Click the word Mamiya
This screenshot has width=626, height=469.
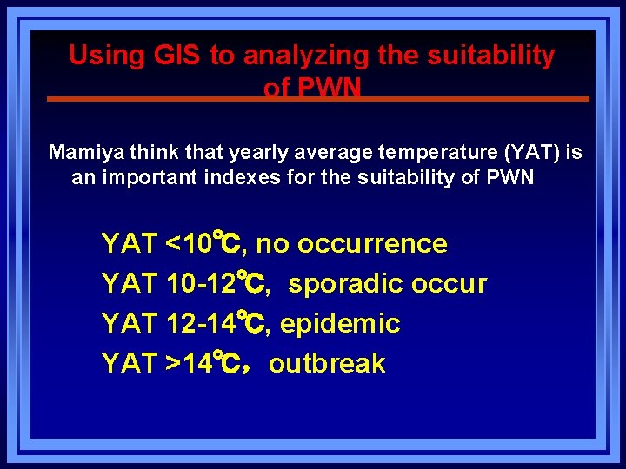click(85, 153)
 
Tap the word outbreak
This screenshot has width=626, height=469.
click(327, 363)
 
